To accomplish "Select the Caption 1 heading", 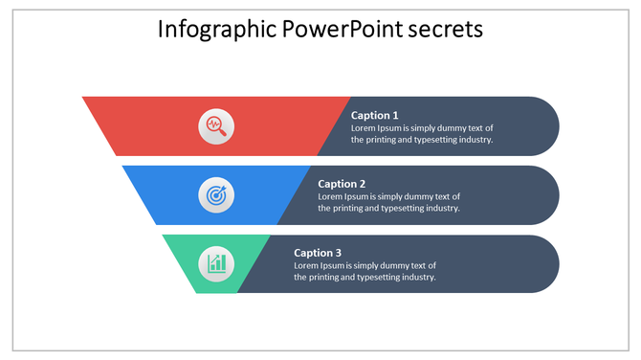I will (x=375, y=115).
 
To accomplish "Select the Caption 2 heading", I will (x=342, y=184).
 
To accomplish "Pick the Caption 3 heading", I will (x=318, y=253).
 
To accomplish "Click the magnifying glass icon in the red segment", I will (x=216, y=125).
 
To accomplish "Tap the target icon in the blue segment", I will (x=216, y=194).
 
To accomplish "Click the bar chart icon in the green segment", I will (x=216, y=263).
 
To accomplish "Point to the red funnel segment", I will (x=144, y=125).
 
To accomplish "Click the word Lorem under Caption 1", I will (x=364, y=127).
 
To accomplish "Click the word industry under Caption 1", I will (x=474, y=140).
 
